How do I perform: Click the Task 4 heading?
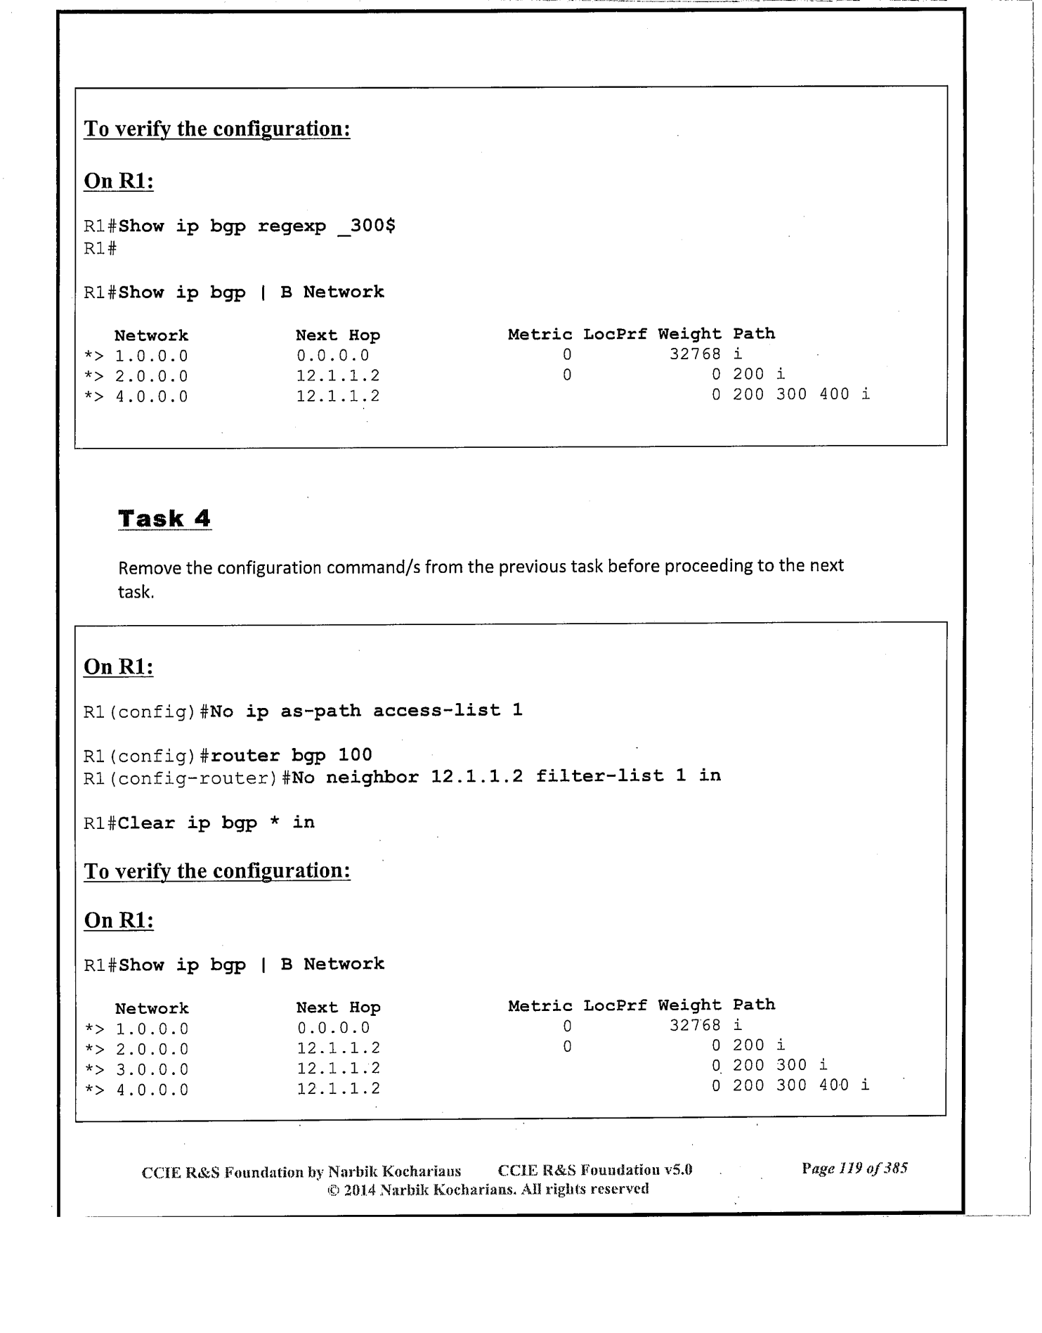164,519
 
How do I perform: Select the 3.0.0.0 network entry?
152,1069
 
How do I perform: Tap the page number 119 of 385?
854,1168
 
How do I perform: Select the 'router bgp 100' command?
291,755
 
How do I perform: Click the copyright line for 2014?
488,1189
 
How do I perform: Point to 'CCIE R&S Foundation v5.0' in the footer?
594,1170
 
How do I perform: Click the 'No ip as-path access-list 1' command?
366,711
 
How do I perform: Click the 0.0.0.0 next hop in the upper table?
332,356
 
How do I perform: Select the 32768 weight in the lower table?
694,1025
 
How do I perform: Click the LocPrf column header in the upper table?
615,335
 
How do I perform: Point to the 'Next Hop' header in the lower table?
338,1007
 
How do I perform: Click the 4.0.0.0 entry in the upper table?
152,397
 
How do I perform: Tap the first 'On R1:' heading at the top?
119,181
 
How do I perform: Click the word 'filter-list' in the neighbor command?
599,776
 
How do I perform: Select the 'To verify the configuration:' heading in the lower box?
217,871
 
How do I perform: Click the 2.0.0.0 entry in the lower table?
152,1049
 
